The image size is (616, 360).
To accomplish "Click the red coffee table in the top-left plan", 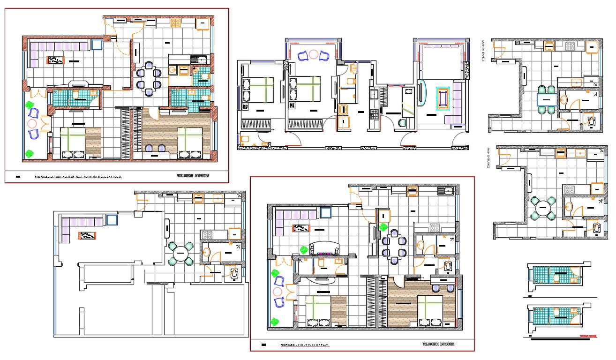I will pos(55,60).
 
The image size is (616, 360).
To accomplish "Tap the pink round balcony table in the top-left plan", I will pos(32,124).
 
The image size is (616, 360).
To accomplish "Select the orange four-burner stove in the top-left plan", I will pos(176,23).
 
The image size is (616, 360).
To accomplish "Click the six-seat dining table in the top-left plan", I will pos(148,78).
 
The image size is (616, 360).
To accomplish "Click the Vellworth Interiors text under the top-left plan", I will pos(193,176).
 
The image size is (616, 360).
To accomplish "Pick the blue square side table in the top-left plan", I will pos(97,45).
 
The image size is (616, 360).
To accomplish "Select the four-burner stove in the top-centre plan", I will pos(375,114).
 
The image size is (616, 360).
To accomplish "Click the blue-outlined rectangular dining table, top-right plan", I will pos(547,99).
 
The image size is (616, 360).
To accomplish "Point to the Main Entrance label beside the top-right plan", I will pos(482,51).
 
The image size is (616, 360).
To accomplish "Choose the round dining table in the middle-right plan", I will pos(543,208).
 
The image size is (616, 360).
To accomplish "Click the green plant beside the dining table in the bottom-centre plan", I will pos(383,228).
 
